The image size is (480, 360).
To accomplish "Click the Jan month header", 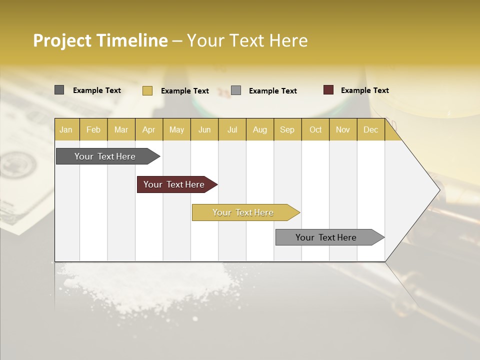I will coord(66,129).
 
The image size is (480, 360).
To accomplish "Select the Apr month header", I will coord(148,129).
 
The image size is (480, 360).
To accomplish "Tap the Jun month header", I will coord(204,129).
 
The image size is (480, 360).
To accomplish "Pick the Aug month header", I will coord(259,129).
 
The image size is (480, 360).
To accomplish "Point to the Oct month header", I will coord(315,129).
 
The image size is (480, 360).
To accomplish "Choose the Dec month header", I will coord(370,129).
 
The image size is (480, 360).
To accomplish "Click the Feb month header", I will coord(93,129).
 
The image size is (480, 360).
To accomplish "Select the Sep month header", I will coord(287,129).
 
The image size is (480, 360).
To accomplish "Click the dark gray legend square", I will coord(59,90).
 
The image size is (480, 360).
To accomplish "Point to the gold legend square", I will coord(147,90).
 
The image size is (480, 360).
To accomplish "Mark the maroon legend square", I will coord(328,90).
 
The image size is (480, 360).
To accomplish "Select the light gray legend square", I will coord(236,90).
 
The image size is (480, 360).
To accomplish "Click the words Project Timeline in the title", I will coord(100,40).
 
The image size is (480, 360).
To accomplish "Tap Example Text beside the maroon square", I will coord(364,90).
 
